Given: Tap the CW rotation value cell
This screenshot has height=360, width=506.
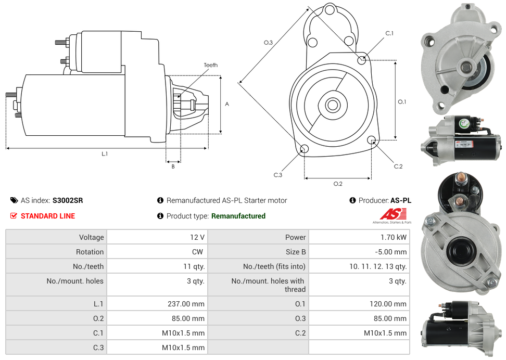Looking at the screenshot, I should (198, 252).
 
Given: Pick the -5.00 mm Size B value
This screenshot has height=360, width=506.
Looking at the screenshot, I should (390, 252).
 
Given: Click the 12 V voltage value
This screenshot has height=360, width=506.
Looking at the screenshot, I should (197, 237).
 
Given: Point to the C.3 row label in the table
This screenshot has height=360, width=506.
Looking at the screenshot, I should (98, 348).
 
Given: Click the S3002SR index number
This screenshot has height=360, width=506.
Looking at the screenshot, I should (68, 200).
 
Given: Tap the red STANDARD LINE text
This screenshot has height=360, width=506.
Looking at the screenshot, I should (48, 216).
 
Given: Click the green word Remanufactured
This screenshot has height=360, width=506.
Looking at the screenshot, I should (238, 216).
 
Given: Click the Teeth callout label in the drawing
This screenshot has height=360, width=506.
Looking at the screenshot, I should (211, 65).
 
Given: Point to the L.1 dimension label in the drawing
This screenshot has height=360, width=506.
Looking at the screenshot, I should (105, 153).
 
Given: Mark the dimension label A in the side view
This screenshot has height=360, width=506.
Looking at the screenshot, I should (227, 104).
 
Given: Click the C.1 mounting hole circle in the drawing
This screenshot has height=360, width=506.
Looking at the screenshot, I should (362, 60).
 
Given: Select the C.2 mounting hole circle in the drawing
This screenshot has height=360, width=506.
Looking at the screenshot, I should (372, 140).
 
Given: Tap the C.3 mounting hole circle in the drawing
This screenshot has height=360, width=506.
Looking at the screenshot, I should (305, 150).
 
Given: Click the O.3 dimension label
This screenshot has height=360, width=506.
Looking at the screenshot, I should (269, 43).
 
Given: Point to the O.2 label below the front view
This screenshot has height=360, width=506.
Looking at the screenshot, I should (338, 184).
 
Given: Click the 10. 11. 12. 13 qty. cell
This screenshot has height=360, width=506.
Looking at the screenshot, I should (378, 266).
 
